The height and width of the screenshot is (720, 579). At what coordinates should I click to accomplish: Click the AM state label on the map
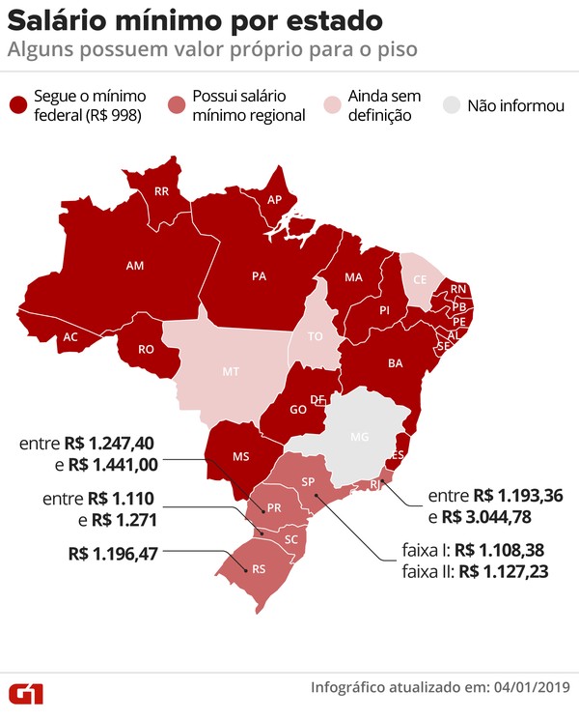[134, 263]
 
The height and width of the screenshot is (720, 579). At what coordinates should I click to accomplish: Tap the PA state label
[259, 275]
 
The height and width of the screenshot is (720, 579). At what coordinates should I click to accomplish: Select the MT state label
[231, 370]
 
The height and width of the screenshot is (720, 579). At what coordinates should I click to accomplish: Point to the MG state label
[359, 437]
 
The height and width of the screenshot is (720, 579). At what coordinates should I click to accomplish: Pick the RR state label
[162, 191]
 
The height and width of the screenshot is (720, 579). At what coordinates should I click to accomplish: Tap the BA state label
[395, 363]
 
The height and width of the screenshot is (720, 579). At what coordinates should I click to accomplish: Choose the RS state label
[258, 569]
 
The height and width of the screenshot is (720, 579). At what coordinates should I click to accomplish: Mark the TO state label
[315, 337]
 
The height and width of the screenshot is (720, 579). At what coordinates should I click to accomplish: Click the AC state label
[69, 337]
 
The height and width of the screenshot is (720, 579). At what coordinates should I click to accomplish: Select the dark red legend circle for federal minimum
[19, 106]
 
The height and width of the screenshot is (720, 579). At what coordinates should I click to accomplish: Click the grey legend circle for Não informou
[453, 106]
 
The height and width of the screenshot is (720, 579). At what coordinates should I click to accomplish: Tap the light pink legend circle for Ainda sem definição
[335, 106]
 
